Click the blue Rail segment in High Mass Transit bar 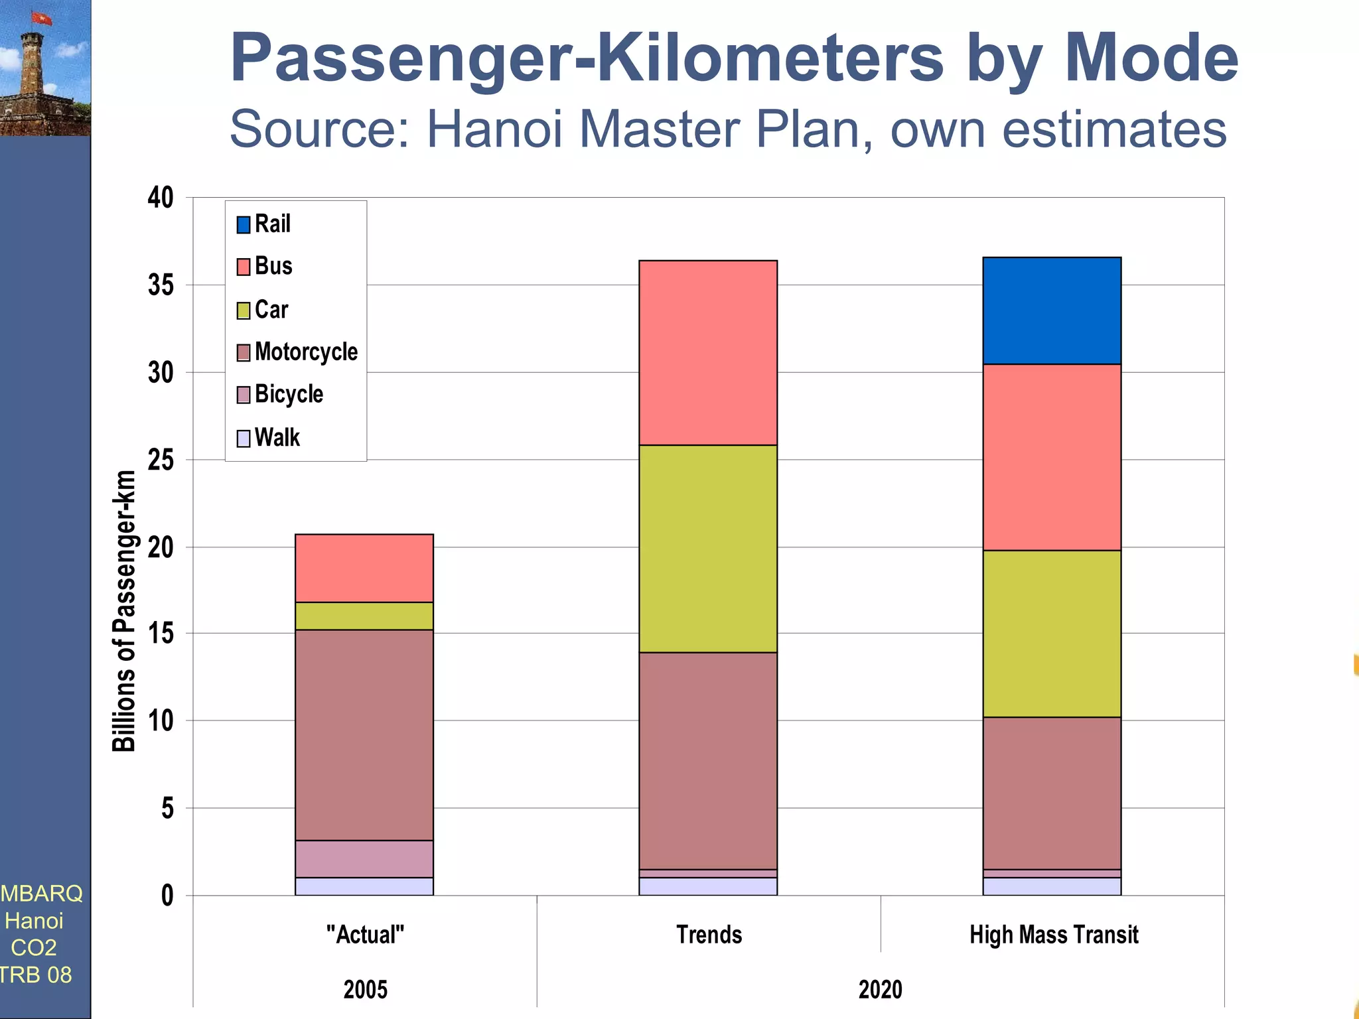point(1052,310)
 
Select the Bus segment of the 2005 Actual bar point(364,568)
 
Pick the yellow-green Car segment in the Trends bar point(708,548)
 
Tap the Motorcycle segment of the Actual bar point(364,734)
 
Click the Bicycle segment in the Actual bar point(364,858)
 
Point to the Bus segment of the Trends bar point(708,352)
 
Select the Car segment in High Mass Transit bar point(1052,633)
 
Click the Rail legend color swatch point(244,224)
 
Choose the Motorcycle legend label point(306,352)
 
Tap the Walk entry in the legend point(277,438)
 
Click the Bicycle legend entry point(289,394)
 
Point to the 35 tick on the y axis point(161,285)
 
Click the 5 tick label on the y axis point(167,808)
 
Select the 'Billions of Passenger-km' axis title point(124,610)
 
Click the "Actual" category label point(365,934)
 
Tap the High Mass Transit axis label point(1053,934)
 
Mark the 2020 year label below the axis point(880,989)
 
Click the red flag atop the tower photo point(42,18)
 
